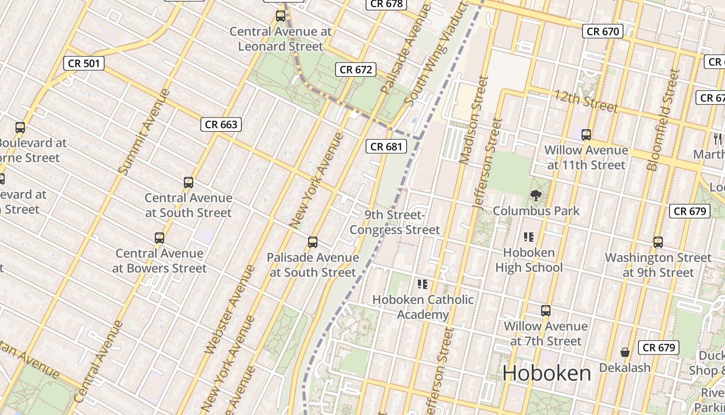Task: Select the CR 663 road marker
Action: tap(221, 125)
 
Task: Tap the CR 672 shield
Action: tap(356, 70)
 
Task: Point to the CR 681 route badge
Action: tap(386, 147)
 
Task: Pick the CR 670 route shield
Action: tap(603, 32)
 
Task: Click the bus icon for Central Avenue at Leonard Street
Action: tap(281, 16)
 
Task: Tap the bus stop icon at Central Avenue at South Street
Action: tap(189, 183)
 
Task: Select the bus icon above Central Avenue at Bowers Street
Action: tap(160, 238)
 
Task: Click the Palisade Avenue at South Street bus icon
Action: tap(313, 242)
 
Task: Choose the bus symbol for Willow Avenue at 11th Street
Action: tap(586, 135)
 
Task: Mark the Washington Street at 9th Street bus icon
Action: tap(658, 242)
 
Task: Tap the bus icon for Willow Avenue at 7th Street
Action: tap(546, 311)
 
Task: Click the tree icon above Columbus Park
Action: tap(536, 196)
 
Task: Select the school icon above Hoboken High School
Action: tap(529, 237)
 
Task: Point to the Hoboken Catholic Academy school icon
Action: tap(423, 284)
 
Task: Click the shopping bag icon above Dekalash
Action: tap(625, 352)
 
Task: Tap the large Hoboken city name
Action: tap(546, 374)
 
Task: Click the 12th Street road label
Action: tap(586, 101)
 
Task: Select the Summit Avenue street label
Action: tap(144, 131)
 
